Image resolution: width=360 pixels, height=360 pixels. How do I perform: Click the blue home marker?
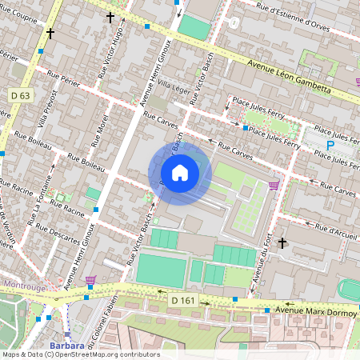tap(180, 172)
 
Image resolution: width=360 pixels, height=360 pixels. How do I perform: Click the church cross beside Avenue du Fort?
tap(282, 242)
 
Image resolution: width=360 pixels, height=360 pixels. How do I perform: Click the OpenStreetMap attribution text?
tap(81, 354)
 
